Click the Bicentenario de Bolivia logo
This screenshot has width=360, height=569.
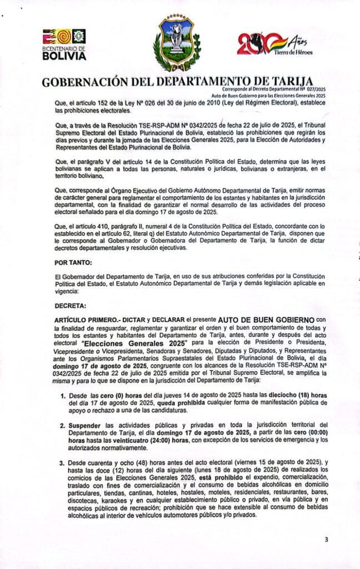[66, 44]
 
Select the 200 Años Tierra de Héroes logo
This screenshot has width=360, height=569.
[269, 46]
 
